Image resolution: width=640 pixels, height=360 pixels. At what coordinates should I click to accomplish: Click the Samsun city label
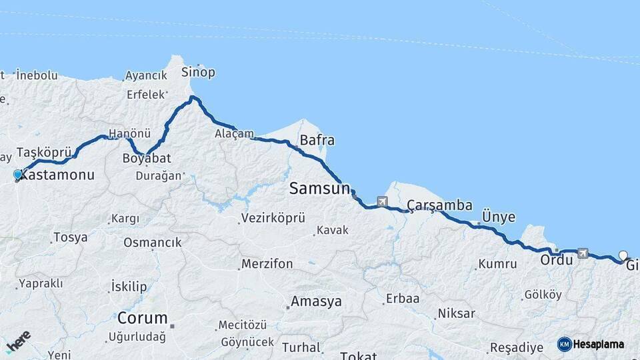coord(319,189)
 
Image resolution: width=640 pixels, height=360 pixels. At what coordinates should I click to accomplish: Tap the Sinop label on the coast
coord(199,73)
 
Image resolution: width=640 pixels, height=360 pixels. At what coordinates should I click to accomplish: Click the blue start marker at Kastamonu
coord(18,175)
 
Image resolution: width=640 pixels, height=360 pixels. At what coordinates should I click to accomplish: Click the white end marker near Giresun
coord(623,255)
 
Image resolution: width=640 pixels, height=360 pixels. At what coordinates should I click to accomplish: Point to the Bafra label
coord(317,141)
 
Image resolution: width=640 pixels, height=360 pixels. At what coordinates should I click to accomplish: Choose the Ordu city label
coord(556,260)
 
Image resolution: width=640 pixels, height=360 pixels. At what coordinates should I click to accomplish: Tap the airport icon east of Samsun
coord(381,201)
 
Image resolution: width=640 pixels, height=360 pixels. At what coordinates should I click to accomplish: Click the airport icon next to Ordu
coord(583,253)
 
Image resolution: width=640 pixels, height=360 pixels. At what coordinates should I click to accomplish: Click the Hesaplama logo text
coord(598,345)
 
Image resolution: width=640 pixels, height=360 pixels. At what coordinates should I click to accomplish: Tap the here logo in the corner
coord(18,342)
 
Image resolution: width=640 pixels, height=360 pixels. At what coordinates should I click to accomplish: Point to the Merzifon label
coord(267,264)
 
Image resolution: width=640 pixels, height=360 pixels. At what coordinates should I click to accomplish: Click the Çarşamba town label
coord(439,205)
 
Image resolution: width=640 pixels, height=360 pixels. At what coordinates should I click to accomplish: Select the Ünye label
coord(498,217)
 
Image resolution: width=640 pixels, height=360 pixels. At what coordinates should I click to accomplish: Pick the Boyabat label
coord(147,158)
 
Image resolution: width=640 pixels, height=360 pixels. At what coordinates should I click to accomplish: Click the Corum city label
coord(143,317)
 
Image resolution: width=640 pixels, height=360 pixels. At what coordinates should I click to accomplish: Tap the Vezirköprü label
coord(273,218)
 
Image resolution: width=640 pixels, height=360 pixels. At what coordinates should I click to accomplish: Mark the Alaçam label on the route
coord(234,134)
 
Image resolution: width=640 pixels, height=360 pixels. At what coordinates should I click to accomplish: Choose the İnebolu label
coord(37,75)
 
